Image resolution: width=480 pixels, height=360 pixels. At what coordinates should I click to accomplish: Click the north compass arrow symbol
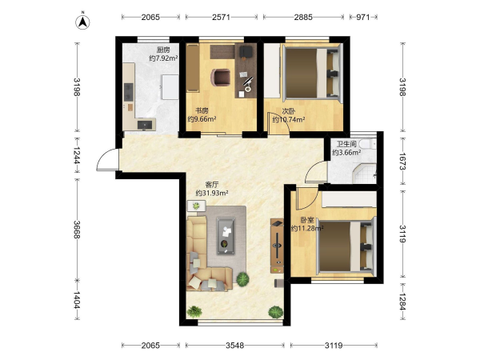coord(82,21)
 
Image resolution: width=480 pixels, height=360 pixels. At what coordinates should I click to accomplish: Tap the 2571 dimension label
coord(221,17)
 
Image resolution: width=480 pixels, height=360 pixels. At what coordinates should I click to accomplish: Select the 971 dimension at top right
coord(363,17)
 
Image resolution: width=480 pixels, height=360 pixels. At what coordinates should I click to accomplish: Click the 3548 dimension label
coord(234,346)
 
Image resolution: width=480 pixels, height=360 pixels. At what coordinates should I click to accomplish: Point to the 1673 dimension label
coord(402,162)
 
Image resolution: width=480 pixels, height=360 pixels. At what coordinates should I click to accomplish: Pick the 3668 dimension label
coord(77,230)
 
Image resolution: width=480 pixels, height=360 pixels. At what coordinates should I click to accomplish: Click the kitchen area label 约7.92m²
coord(164,58)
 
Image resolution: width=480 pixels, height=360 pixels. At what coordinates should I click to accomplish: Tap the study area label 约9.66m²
coord(202,119)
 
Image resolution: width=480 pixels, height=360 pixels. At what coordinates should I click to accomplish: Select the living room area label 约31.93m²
coord(212,193)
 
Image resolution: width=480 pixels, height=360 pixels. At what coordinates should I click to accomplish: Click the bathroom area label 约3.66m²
coord(346,152)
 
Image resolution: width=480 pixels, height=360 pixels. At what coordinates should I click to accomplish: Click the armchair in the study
coord(221,77)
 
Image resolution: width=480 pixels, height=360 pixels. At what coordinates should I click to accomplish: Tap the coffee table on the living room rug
coord(226,236)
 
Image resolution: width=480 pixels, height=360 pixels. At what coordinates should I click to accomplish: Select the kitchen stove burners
coord(129,92)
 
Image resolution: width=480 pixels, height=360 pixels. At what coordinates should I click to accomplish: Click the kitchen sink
coord(145,125)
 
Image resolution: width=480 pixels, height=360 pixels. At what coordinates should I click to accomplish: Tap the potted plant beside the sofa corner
coord(242,279)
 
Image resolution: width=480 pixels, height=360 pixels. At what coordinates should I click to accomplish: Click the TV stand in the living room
coord(277,246)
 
